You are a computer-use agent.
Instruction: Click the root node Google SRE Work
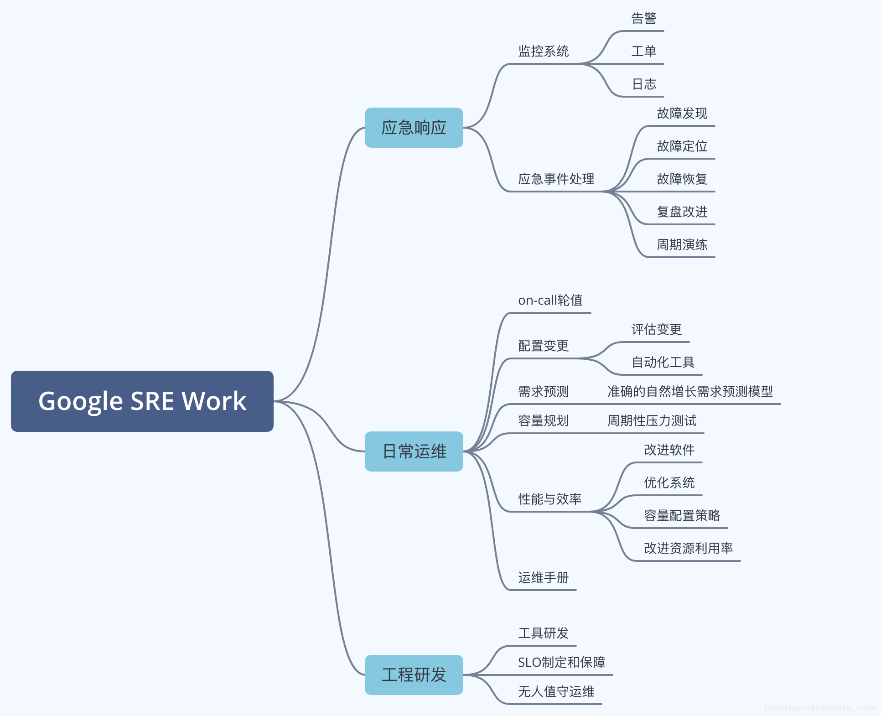coord(142,401)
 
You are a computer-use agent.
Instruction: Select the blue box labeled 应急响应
coord(414,128)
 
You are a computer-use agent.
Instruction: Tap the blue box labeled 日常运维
coord(414,451)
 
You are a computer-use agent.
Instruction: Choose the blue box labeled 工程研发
coord(414,675)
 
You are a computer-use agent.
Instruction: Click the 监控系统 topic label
coord(543,51)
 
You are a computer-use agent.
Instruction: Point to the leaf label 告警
coord(643,19)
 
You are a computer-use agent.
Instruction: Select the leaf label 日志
coord(643,84)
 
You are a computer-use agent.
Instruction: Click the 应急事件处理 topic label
coord(556,179)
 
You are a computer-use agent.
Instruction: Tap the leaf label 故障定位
coord(682,146)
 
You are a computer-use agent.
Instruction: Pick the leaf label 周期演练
coord(682,244)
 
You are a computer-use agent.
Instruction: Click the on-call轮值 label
coord(550,300)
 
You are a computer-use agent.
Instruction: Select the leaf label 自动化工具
coord(663,362)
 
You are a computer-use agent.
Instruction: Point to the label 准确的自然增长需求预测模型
coord(690,391)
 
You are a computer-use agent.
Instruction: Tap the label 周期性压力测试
coord(652,420)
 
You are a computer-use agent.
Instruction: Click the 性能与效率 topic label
coord(549,499)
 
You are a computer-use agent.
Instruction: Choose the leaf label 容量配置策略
coord(682,515)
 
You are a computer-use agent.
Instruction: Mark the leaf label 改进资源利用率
coord(688,548)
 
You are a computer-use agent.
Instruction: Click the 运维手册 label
coord(543,577)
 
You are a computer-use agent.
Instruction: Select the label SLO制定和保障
coord(561,662)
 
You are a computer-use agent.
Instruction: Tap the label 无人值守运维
coord(556,691)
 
